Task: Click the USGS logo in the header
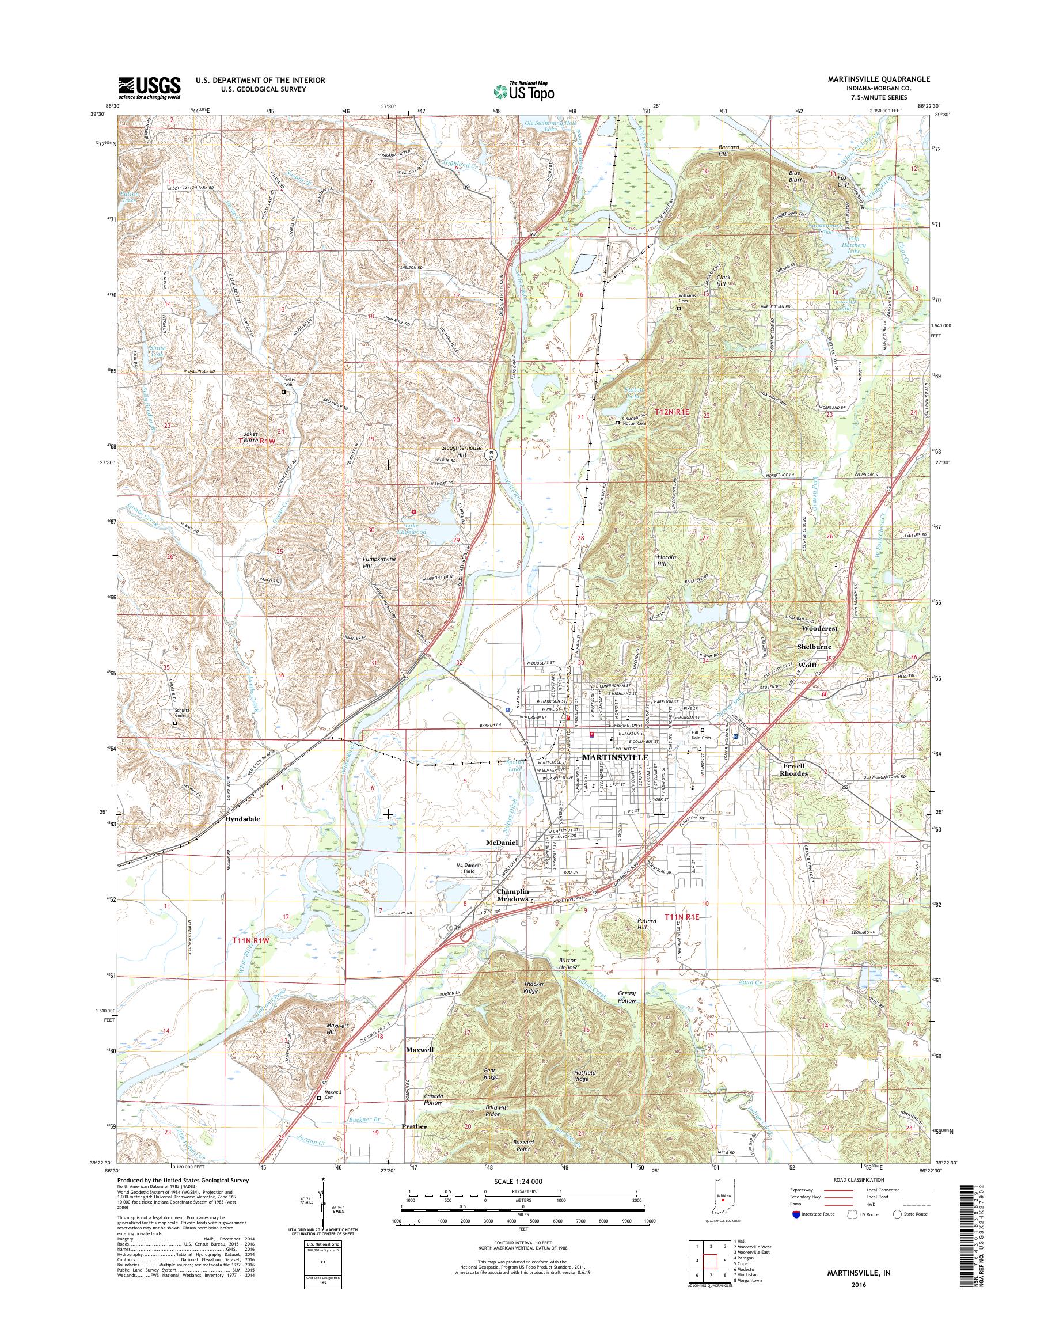[149, 88]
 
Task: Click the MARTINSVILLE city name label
[614, 757]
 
